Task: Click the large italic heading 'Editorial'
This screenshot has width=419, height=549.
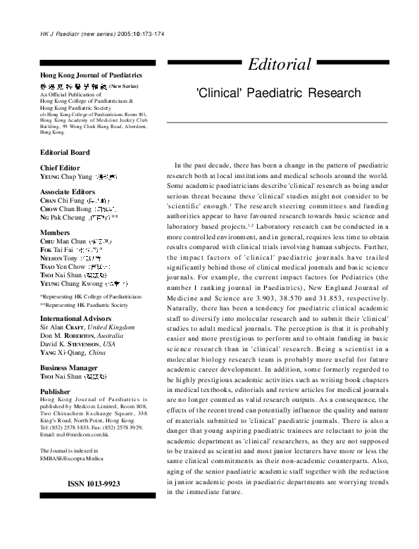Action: pos(279,65)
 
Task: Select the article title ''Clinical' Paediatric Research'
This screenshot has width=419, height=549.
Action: pos(277,93)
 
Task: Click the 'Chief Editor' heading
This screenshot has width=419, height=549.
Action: pos(61,167)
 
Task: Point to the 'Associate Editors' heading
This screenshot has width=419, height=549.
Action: pos(68,191)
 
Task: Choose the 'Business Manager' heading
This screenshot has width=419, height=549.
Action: pos(70,368)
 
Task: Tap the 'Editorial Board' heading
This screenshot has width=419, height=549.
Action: pos(65,152)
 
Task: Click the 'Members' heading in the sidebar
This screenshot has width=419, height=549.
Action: pos(56,232)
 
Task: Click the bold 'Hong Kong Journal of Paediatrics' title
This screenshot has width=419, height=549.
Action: pos(92,75)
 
